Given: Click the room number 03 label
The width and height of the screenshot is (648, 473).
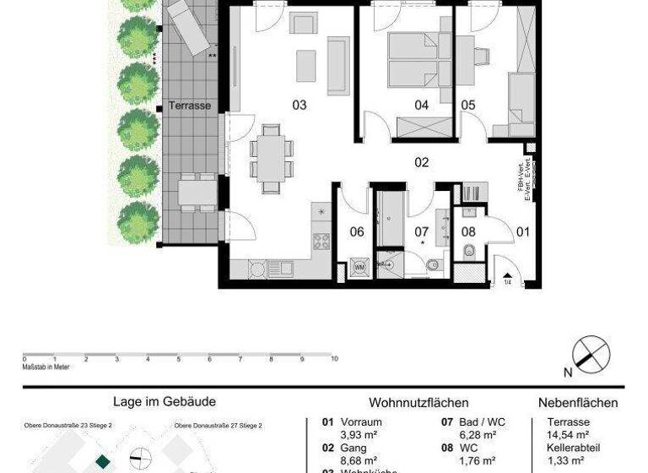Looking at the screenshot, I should coord(299,106).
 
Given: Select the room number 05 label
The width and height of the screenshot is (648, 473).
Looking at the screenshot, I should coord(468,106).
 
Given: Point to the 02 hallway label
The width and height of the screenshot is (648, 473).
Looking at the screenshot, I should coord(422,162).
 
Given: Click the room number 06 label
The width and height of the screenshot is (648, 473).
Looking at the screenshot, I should coord(357,231).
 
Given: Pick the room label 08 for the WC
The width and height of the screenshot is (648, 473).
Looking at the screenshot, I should coord(468,231).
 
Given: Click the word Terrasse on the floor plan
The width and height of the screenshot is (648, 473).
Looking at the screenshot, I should coord(190,106).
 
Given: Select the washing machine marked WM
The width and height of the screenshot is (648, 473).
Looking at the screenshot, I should coord(359,266).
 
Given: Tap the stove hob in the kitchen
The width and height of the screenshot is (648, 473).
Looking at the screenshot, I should coord(321,242).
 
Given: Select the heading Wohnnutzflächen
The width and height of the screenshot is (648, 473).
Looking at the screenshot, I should coord(418,404).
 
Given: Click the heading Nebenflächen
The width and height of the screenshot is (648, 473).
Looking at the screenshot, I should coord(578,404).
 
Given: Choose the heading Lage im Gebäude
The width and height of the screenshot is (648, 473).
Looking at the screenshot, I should coord(165,403).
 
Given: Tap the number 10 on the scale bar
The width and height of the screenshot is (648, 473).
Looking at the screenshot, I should coord(334,359).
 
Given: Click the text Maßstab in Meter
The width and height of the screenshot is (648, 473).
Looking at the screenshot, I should coord(46,367).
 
